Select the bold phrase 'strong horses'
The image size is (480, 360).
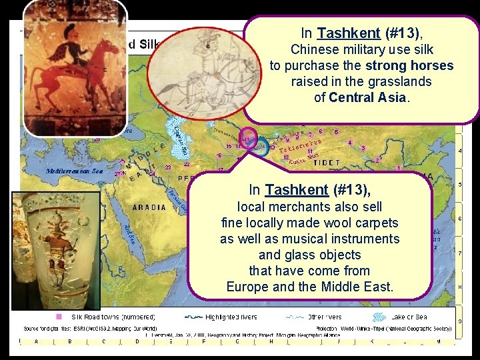(x=409, y=66)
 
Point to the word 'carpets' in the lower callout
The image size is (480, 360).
(x=375, y=222)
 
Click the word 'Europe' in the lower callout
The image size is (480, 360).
(x=248, y=287)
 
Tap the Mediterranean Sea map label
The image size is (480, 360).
(x=74, y=171)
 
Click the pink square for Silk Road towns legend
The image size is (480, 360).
(x=59, y=317)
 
